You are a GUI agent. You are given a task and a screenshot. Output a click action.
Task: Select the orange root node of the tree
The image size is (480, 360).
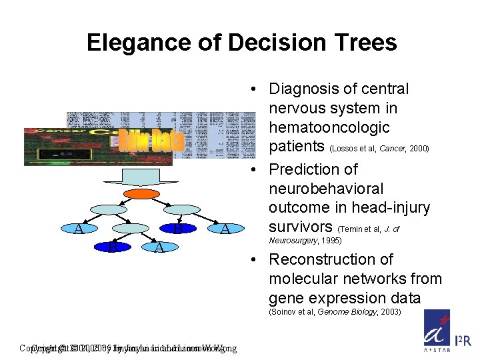(142, 193)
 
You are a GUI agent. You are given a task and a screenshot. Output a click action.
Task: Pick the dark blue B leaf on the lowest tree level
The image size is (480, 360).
(114, 248)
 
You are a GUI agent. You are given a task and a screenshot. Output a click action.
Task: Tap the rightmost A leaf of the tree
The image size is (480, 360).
(225, 229)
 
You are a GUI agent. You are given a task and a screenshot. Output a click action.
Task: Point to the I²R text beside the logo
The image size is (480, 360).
(463, 341)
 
